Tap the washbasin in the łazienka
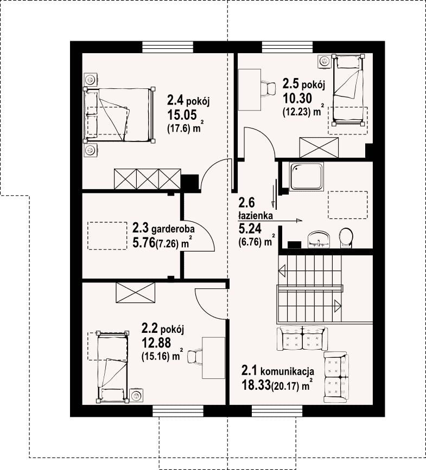[319, 240]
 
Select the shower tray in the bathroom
[306, 176]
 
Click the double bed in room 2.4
[119, 115]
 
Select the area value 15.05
[182, 115]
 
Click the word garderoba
[173, 230]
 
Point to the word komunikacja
[288, 372]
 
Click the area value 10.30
[297, 98]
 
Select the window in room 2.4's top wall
[167, 47]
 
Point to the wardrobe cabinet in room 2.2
[136, 293]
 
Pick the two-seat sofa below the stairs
[302, 338]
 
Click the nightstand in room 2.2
[136, 396]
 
